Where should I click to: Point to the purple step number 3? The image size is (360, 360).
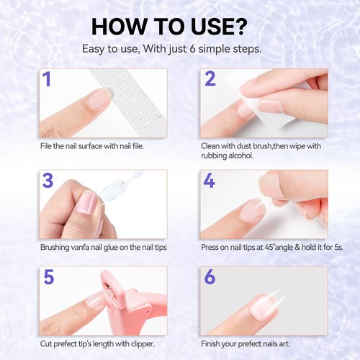pyautogui.click(x=48, y=181)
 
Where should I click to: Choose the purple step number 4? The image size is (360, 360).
pyautogui.click(x=210, y=181)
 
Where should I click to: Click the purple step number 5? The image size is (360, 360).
pyautogui.click(x=48, y=278)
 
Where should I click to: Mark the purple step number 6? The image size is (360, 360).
pyautogui.click(x=210, y=278)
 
